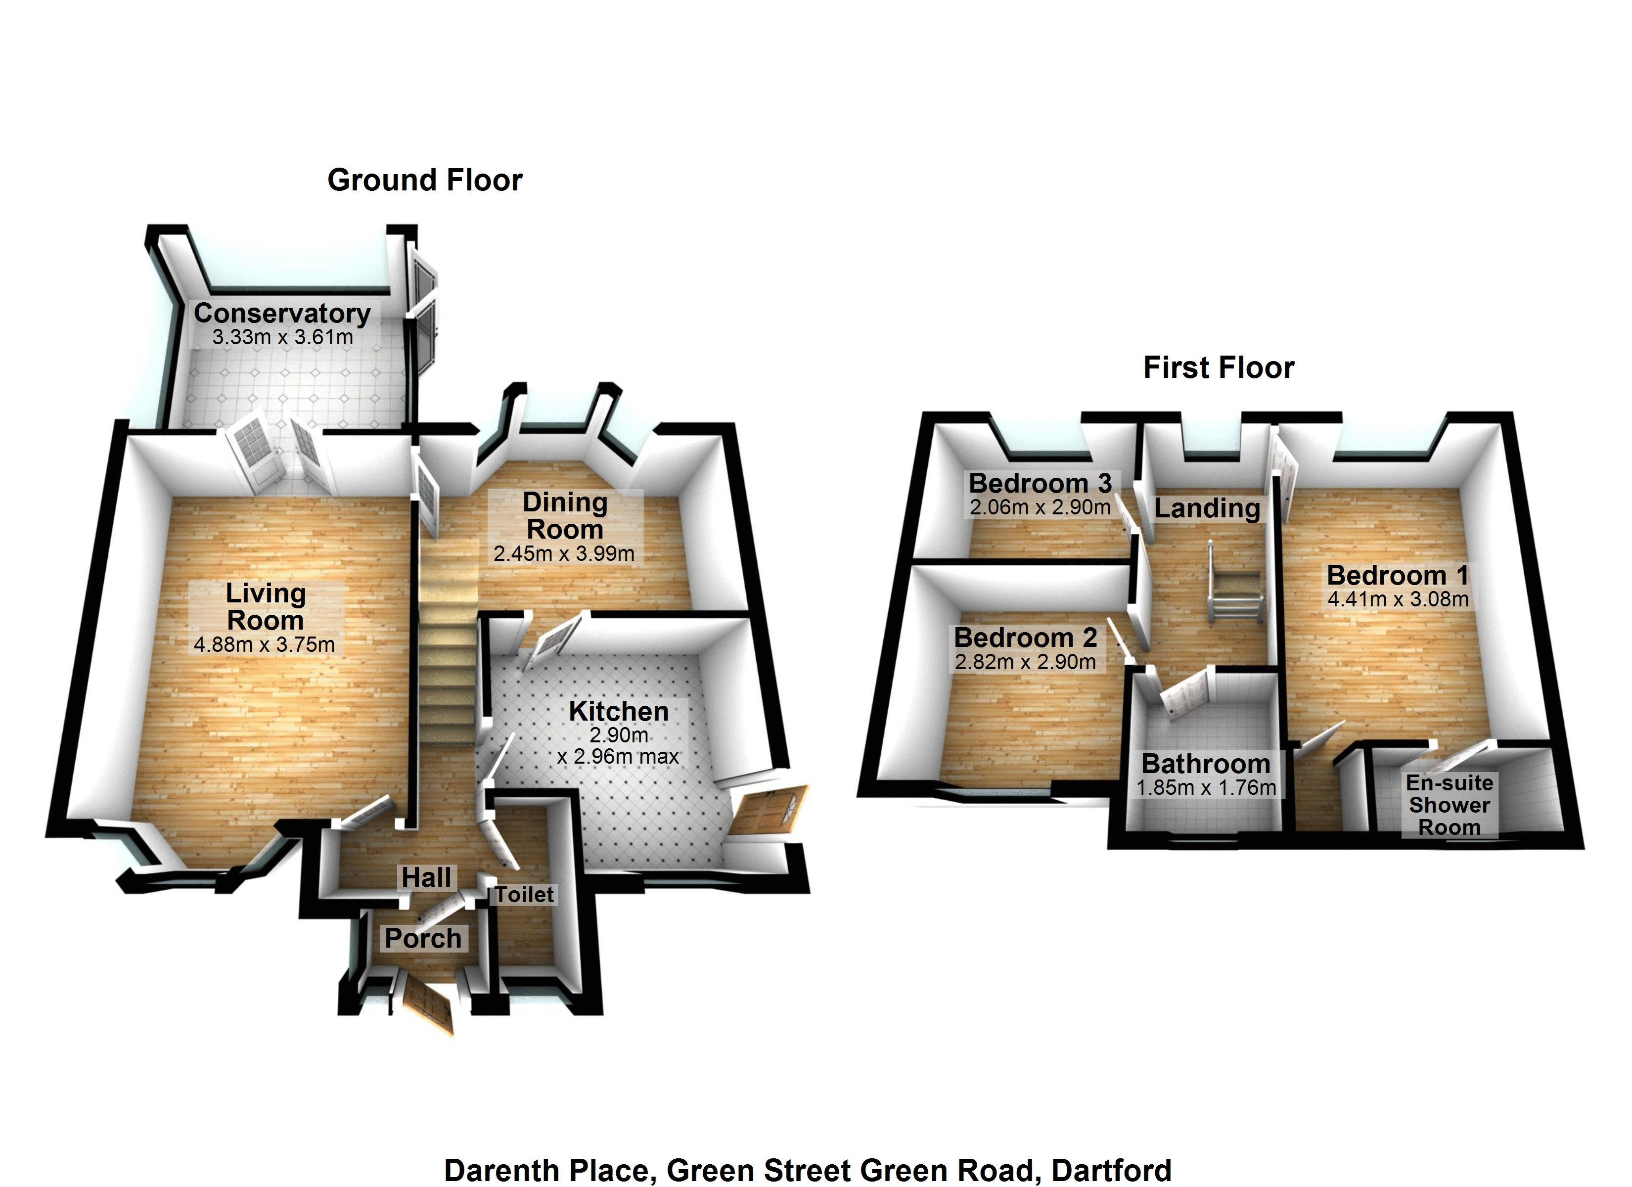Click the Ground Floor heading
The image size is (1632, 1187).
(424, 180)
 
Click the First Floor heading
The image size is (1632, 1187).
(1218, 368)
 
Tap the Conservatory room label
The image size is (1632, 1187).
(282, 313)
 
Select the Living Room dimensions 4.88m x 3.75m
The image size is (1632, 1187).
(264, 644)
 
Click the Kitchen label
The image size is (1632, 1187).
(618, 711)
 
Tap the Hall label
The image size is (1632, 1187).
(427, 877)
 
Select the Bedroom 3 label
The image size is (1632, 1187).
(1040, 483)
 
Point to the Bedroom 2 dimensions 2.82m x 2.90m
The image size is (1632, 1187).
(1025, 662)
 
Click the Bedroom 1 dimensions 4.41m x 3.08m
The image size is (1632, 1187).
(1398, 599)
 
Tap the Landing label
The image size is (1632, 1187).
(1208, 508)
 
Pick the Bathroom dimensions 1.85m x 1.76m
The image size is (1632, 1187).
(1206, 787)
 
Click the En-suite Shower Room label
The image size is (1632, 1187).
(1449, 805)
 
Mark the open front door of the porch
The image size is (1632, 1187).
(429, 1007)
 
